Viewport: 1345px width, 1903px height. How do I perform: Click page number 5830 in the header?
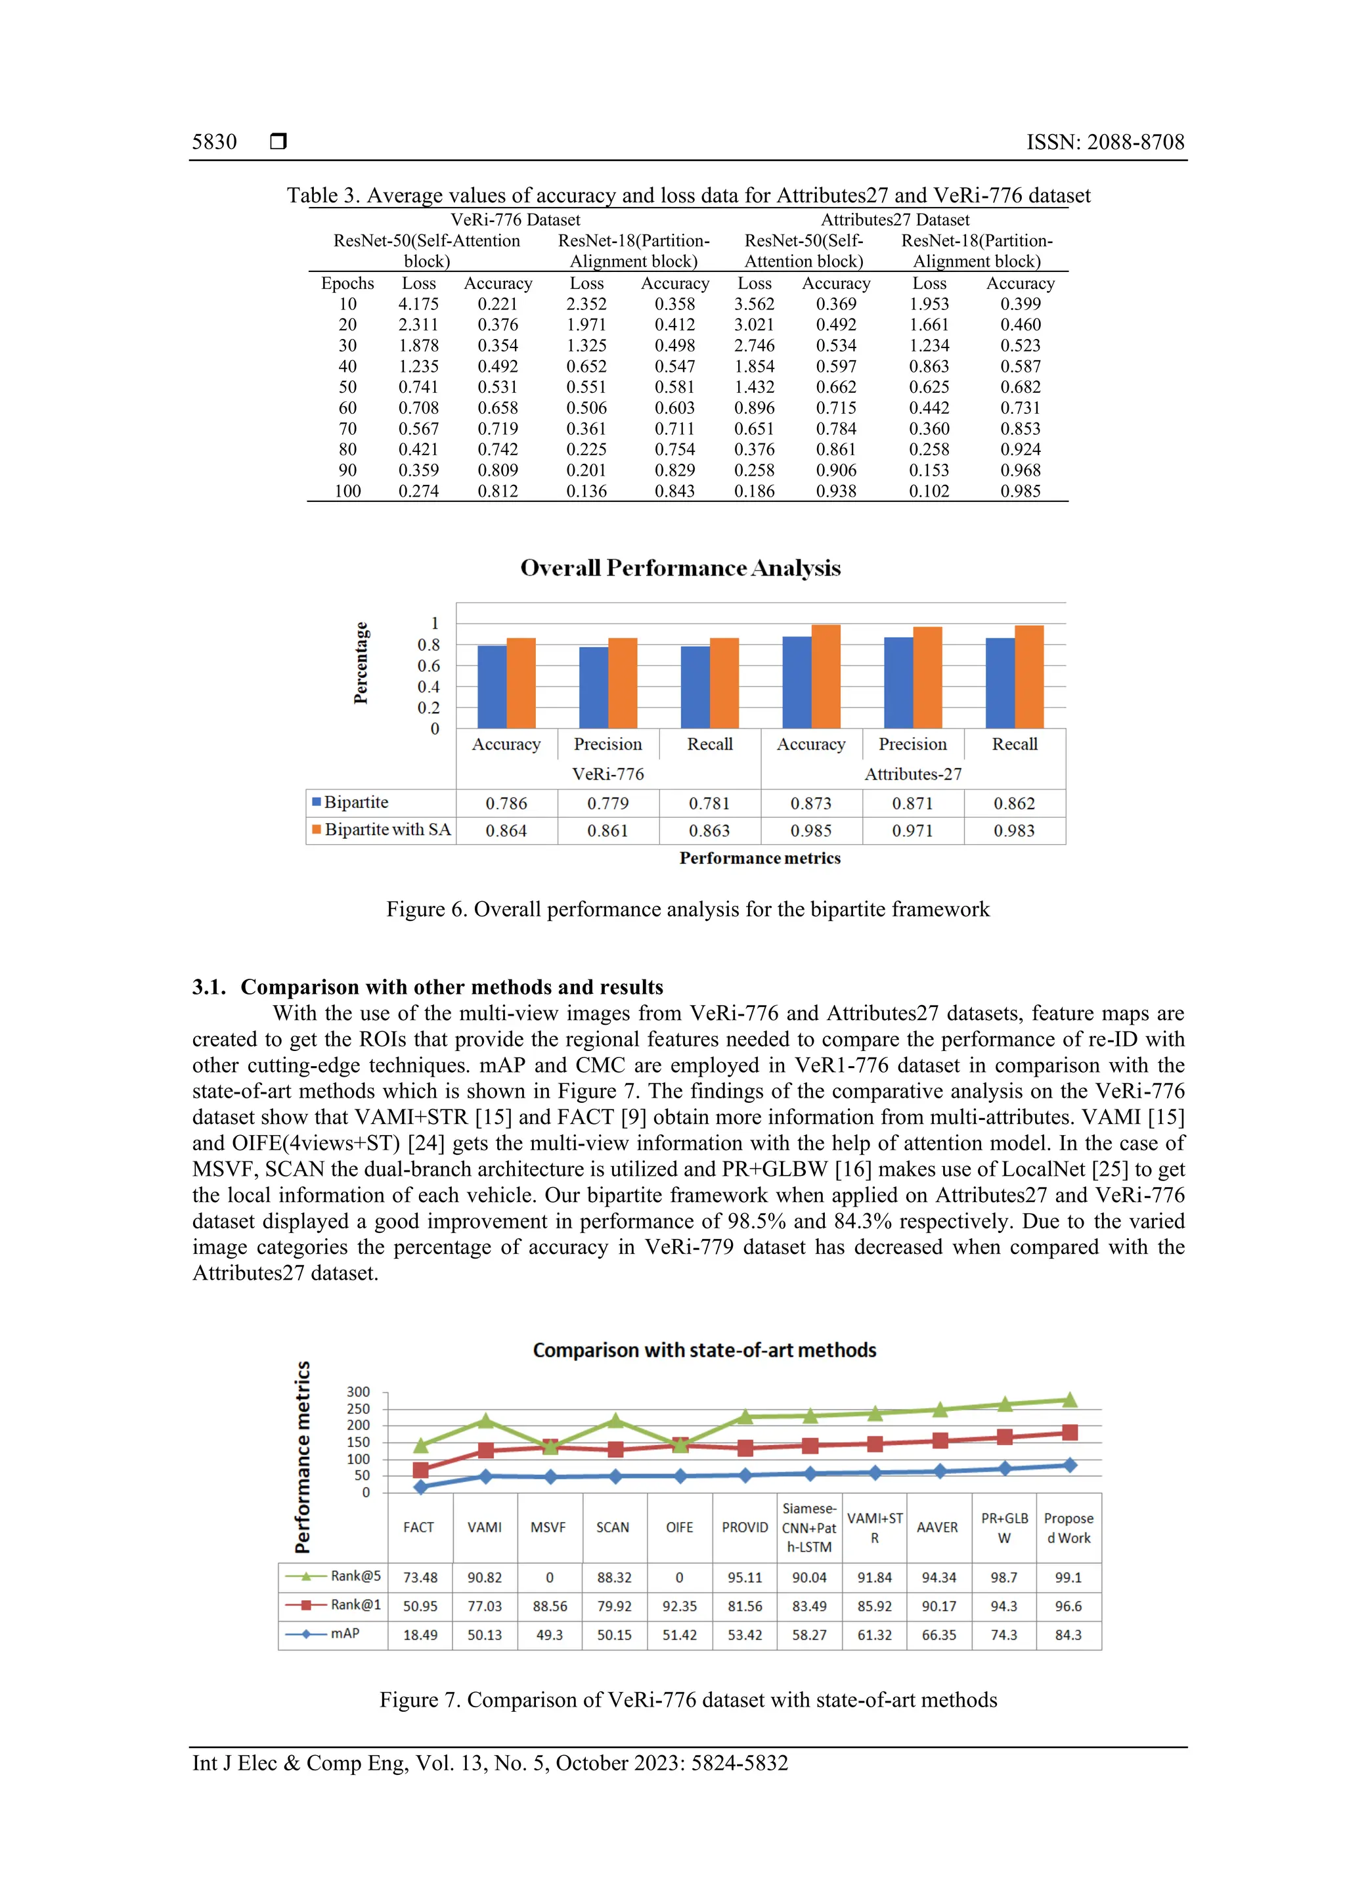[x=214, y=142]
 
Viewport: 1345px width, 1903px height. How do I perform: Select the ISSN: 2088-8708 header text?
[x=1105, y=142]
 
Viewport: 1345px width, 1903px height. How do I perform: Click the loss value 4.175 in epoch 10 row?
[x=418, y=304]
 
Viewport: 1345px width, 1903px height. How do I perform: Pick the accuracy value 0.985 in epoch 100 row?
[x=1019, y=491]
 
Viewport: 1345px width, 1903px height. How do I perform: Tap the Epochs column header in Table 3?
[x=347, y=284]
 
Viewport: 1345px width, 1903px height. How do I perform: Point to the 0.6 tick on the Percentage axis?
[x=428, y=665]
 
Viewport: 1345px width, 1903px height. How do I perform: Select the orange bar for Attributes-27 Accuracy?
[x=826, y=677]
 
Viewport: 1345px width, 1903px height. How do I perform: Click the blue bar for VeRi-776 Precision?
[x=593, y=688]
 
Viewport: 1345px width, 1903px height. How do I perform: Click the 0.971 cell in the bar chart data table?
[x=912, y=830]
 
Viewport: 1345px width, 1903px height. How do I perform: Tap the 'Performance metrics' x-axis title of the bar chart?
[x=759, y=859]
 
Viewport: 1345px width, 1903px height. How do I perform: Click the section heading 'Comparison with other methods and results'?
[x=452, y=987]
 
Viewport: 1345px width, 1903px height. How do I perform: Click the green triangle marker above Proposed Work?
[x=1069, y=1400]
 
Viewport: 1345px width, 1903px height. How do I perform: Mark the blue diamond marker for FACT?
[x=420, y=1487]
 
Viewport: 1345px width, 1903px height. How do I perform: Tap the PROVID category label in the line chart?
[x=744, y=1527]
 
